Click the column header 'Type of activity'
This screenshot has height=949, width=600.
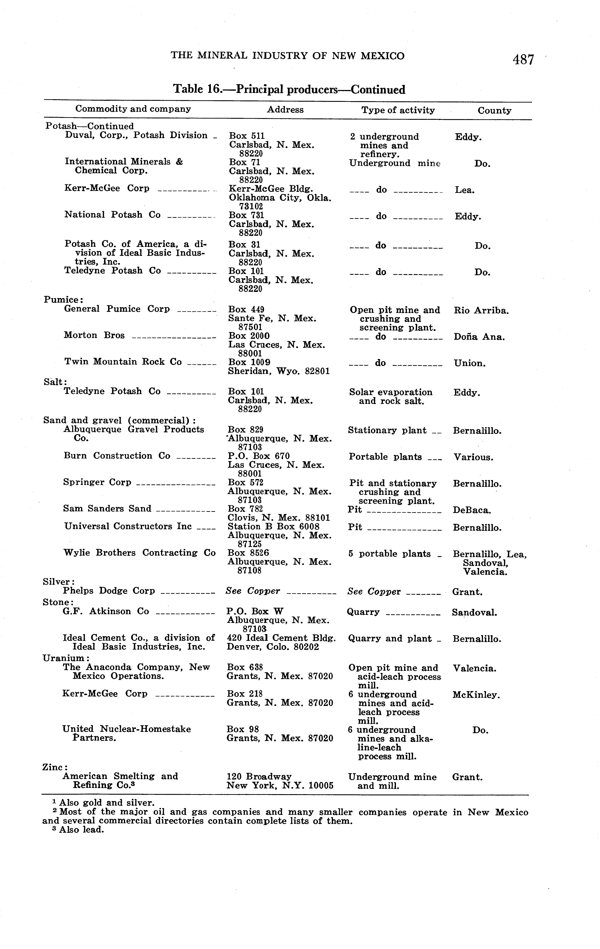398,110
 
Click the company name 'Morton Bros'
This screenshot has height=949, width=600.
94,335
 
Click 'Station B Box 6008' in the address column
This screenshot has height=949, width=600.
273,526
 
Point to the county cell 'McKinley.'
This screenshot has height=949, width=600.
476,695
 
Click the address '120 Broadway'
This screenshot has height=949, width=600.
259,776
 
